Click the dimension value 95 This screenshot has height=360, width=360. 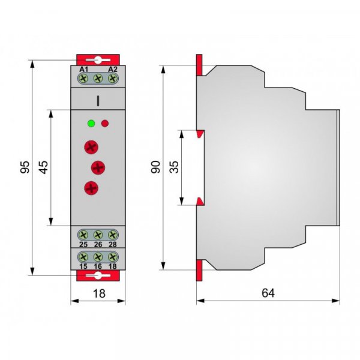(x=25, y=167)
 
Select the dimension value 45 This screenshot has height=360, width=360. (x=43, y=167)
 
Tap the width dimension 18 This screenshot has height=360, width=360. (x=99, y=293)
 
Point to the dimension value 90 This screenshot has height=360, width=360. (x=155, y=167)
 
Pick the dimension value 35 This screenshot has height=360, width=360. (x=174, y=167)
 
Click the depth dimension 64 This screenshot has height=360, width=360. (x=268, y=293)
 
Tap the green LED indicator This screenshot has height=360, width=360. (x=91, y=123)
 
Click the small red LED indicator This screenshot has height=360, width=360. (x=105, y=124)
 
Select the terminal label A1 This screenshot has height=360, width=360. (x=83, y=69)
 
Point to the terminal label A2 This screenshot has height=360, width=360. (x=113, y=69)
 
